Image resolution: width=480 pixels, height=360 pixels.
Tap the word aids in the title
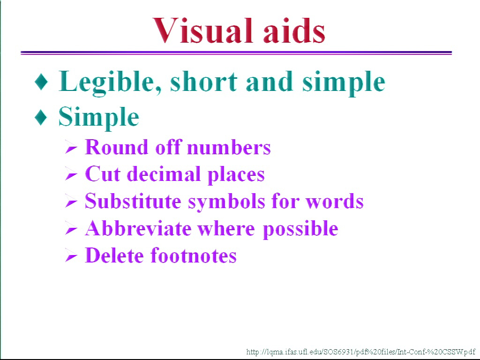pyautogui.click(x=294, y=30)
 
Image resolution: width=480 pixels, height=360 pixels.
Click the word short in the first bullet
pyautogui.click(x=203, y=82)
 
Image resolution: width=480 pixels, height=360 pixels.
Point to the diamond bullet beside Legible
pyautogui.click(x=41, y=82)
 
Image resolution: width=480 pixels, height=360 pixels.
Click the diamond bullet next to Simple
pyautogui.click(x=41, y=117)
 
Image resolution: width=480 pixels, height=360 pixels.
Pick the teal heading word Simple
pyautogui.click(x=98, y=118)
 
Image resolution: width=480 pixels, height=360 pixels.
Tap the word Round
pyautogui.click(x=117, y=147)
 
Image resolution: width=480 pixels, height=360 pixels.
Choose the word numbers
pyautogui.click(x=229, y=148)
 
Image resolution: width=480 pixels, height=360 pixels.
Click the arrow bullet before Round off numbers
pyautogui.click(x=71, y=148)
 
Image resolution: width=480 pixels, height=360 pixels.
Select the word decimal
pyautogui.click(x=164, y=174)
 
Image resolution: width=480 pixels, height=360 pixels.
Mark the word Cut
pyautogui.click(x=102, y=174)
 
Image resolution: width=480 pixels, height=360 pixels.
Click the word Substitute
pyautogui.click(x=133, y=201)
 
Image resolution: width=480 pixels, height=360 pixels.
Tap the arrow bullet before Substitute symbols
pyautogui.click(x=71, y=202)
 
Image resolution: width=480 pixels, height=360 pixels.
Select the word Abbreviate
pyautogui.click(x=138, y=228)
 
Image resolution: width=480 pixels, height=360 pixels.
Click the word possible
pyautogui.click(x=300, y=229)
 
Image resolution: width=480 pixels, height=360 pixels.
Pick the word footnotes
pyautogui.click(x=194, y=255)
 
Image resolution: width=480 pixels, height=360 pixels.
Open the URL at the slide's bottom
pyautogui.click(x=360, y=352)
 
